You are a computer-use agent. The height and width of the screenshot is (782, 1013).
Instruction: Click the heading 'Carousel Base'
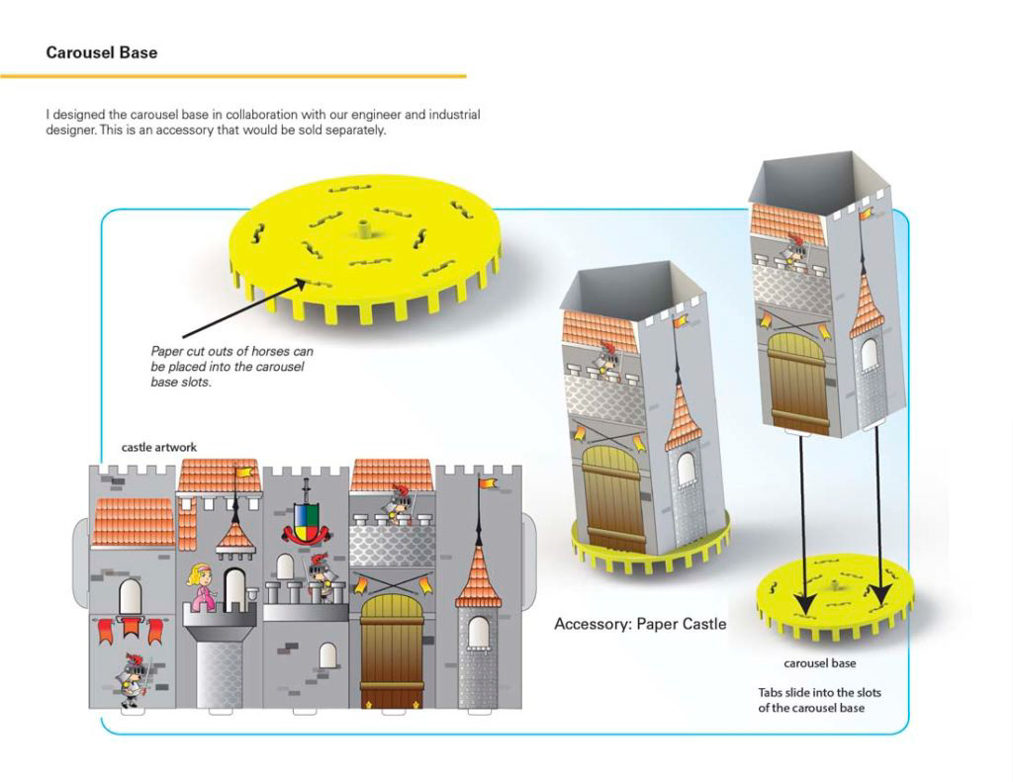[102, 52]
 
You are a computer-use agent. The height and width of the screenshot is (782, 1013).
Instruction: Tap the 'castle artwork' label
[158, 447]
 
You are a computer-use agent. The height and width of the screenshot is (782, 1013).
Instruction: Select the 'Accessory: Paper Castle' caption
[640, 624]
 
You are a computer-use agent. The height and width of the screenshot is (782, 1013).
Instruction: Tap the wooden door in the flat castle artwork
[392, 648]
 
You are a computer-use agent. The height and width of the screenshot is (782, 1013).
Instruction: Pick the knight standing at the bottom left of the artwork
[131, 677]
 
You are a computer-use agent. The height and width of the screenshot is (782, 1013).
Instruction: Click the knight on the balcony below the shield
[320, 575]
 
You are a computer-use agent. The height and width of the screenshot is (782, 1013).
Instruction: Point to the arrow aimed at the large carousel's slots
[242, 310]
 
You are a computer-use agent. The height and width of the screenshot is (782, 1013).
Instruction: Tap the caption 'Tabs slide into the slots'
[819, 692]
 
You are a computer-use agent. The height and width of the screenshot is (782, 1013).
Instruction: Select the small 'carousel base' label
[820, 662]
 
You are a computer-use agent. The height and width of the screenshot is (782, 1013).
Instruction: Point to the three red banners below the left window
[131, 629]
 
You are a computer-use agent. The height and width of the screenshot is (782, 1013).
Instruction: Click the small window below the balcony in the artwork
[327, 654]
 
